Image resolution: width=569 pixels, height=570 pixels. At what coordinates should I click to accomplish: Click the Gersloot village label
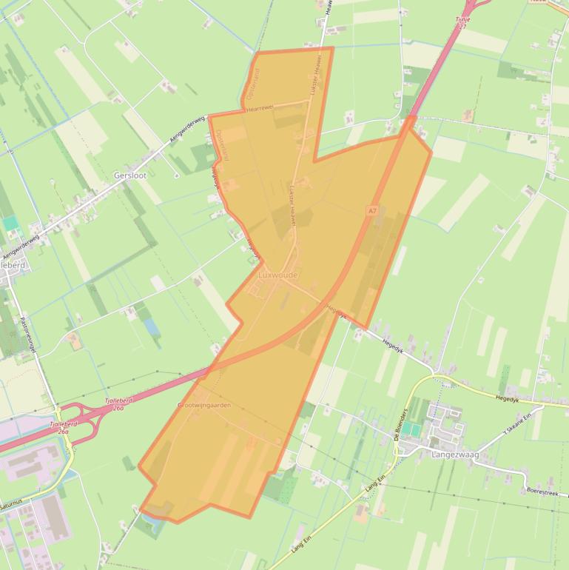tap(129, 175)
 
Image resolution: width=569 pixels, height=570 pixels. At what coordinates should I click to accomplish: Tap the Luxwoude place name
tap(278, 275)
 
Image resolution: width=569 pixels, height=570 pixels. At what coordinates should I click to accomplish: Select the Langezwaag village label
tap(454, 455)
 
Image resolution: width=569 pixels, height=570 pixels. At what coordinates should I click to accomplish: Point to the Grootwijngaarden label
tap(204, 406)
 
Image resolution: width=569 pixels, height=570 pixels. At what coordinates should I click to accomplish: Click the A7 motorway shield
tap(372, 211)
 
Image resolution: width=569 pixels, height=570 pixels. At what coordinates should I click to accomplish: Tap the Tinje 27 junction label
tap(462, 23)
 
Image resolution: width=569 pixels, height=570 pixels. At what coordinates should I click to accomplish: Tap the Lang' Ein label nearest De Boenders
tap(375, 484)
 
